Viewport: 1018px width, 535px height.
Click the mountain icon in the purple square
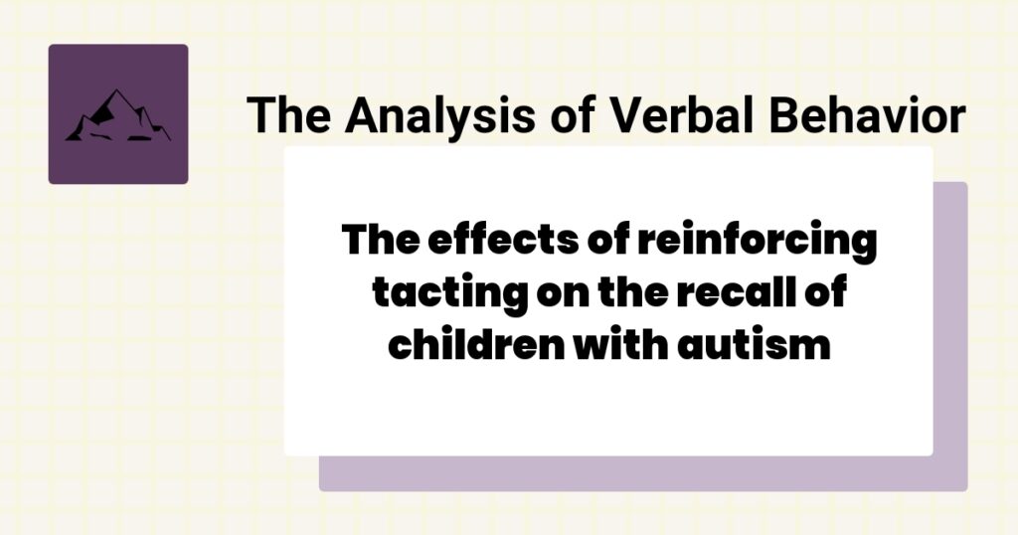pyautogui.click(x=117, y=115)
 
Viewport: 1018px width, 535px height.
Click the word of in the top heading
pyautogui.click(x=574, y=115)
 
